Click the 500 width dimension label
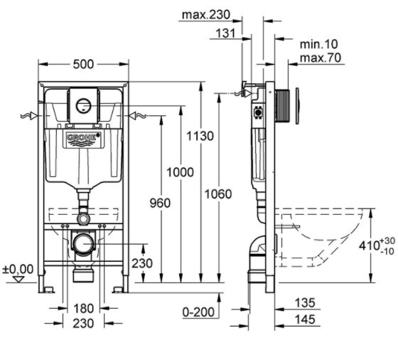[x=83, y=64]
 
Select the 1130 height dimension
[x=200, y=136]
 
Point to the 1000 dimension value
[x=180, y=172]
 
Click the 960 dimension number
[x=160, y=203]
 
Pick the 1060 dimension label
[x=218, y=194]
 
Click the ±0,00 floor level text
[x=18, y=269]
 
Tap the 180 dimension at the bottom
[x=84, y=309]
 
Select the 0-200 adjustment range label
[x=198, y=312]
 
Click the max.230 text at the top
[x=206, y=15]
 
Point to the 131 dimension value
[x=225, y=33]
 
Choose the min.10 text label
[x=319, y=44]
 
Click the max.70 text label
[x=321, y=58]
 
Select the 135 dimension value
[x=305, y=302]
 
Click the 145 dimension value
[x=305, y=319]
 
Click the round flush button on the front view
[x=84, y=105]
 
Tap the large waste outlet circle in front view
[x=83, y=243]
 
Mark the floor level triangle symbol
[x=18, y=280]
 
